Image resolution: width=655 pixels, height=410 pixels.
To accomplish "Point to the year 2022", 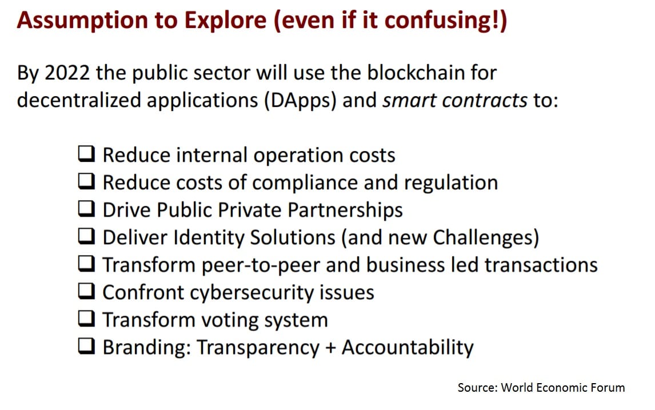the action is [x=67, y=73].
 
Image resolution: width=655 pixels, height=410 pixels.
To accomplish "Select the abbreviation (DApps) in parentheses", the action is [x=300, y=101].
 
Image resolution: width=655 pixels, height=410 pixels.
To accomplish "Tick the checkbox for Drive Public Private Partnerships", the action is [x=86, y=209].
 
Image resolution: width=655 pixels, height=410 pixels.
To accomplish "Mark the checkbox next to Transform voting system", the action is [x=86, y=319].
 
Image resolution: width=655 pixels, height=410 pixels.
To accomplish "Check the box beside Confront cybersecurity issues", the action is [x=86, y=291].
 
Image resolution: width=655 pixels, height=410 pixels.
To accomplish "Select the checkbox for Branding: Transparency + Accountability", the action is [x=86, y=346].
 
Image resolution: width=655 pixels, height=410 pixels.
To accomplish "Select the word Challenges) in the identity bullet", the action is [x=486, y=237].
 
